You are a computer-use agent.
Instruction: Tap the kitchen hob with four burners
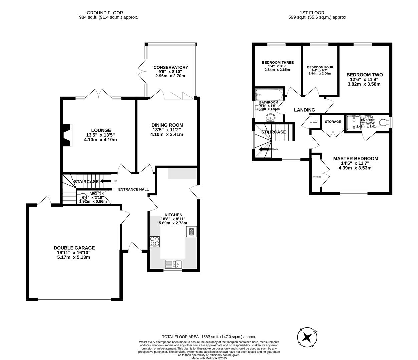(x=155, y=241)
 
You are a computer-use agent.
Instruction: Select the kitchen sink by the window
(x=173, y=264)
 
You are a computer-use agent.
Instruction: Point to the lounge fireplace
(x=68, y=135)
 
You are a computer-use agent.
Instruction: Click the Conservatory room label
(x=171, y=67)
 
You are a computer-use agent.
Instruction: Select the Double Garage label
(x=74, y=248)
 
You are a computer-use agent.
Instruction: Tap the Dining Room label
(x=167, y=125)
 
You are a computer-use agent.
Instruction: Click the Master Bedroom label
(x=355, y=159)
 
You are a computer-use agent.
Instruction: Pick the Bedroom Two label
(x=364, y=75)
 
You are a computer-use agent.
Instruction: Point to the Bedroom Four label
(x=320, y=67)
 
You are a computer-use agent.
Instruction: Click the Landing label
(x=304, y=110)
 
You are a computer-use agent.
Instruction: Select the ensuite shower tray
(x=352, y=122)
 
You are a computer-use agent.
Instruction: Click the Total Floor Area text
(x=208, y=337)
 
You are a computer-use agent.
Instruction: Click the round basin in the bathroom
(x=270, y=118)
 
